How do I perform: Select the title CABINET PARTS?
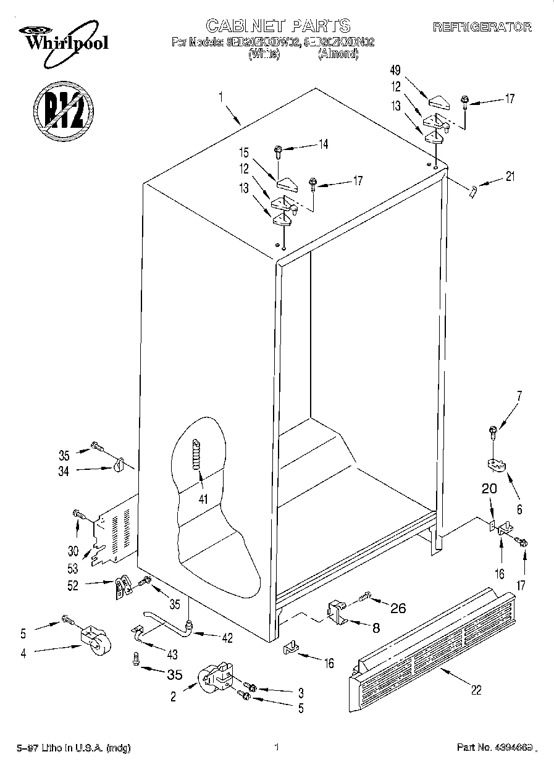click(278, 25)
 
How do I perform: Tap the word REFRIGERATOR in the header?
click(482, 27)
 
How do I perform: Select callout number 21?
click(510, 177)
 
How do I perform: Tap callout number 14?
click(322, 144)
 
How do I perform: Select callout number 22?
click(476, 690)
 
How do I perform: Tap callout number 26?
click(398, 608)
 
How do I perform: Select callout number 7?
click(519, 397)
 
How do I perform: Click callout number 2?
click(174, 696)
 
